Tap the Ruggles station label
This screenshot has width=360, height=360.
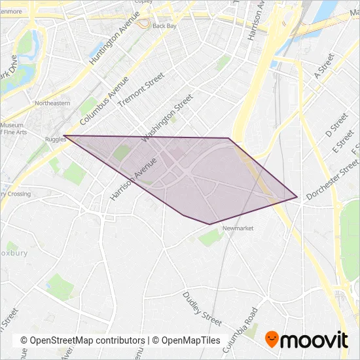[56, 139]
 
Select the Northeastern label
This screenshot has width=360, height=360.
[52, 103]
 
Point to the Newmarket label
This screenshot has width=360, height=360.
[238, 228]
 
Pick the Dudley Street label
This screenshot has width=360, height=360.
[202, 309]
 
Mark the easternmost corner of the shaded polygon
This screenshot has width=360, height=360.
[297, 197]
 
